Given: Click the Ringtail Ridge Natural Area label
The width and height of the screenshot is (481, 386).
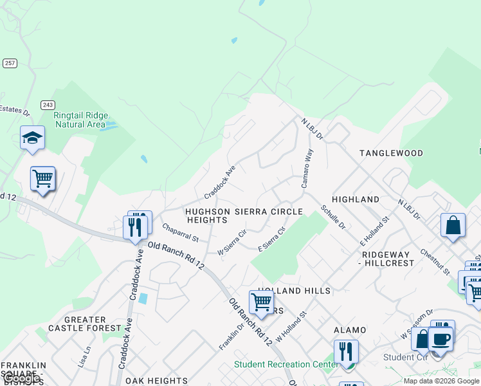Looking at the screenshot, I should pyautogui.click(x=79, y=120).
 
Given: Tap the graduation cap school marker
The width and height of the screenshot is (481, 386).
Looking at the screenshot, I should pyautogui.click(x=32, y=138).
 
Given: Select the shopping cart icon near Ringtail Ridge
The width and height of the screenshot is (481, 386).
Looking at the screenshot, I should pyautogui.click(x=42, y=179).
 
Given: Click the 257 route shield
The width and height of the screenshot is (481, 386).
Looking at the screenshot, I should pyautogui.click(x=10, y=63).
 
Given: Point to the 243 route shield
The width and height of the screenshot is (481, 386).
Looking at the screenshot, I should pyautogui.click(x=47, y=104).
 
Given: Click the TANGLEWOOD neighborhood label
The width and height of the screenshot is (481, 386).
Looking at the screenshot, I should pyautogui.click(x=391, y=153).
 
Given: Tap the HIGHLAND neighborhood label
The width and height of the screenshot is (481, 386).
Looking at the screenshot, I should pyautogui.click(x=356, y=199).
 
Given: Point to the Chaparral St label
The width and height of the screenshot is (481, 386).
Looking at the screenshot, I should pyautogui.click(x=181, y=232).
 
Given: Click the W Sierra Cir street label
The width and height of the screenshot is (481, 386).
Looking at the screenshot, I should pyautogui.click(x=231, y=243).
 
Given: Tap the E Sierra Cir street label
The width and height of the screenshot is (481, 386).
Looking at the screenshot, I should pyautogui.click(x=271, y=239).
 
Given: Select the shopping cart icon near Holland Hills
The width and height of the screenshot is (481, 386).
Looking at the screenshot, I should pyautogui.click(x=261, y=302).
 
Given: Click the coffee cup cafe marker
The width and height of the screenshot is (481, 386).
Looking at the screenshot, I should pyautogui.click(x=440, y=339).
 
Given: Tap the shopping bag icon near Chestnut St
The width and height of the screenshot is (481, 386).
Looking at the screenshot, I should pyautogui.click(x=453, y=225).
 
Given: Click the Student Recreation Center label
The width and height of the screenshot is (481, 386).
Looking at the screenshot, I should pyautogui.click(x=286, y=364).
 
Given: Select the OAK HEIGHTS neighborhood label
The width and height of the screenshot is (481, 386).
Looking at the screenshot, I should pyautogui.click(x=156, y=381).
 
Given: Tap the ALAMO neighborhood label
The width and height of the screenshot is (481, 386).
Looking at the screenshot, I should pyautogui.click(x=350, y=330).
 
